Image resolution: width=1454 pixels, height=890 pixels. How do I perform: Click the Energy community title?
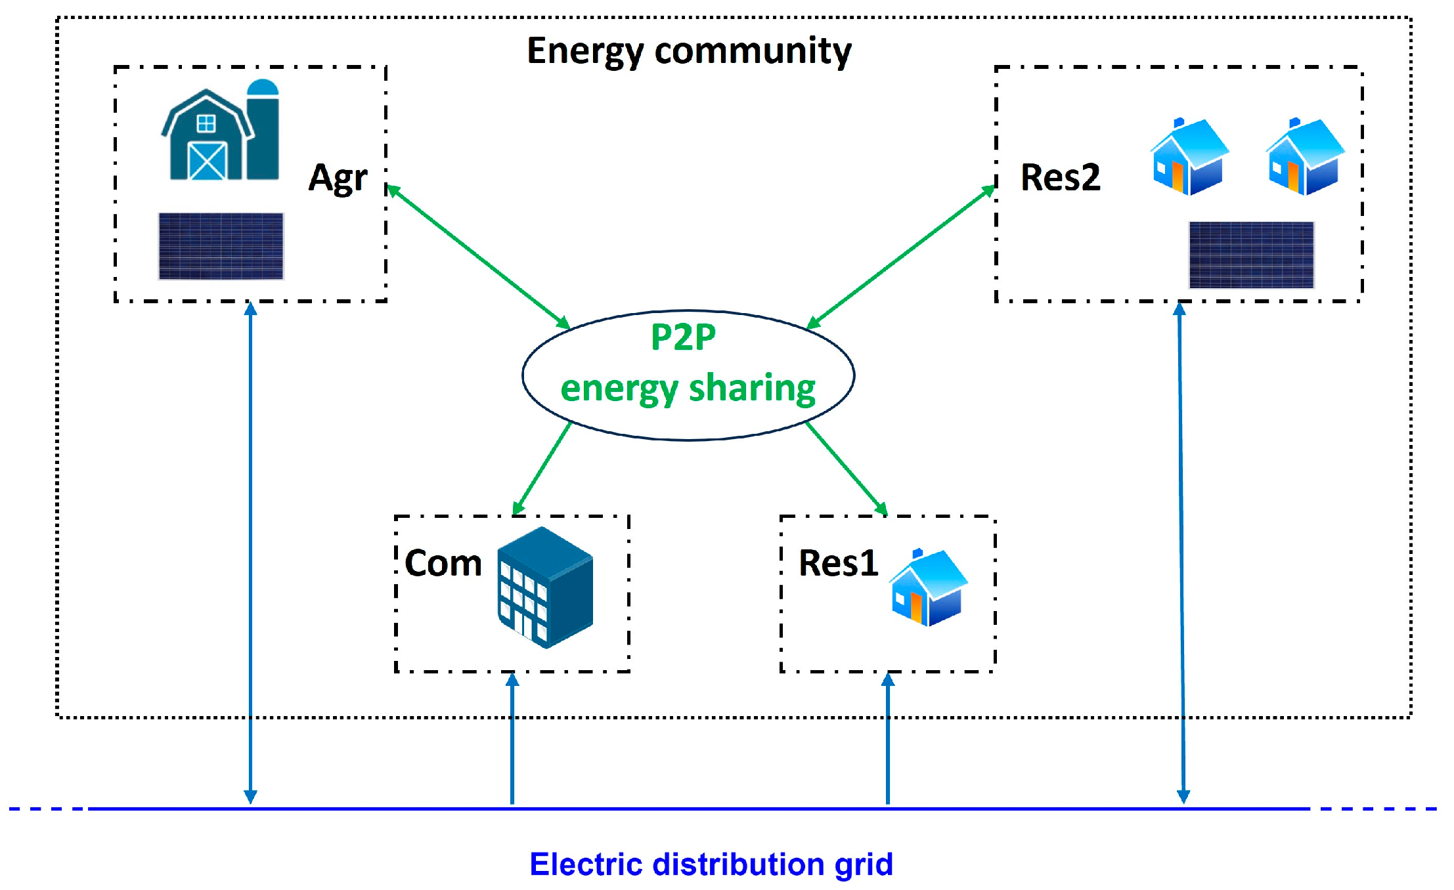(689, 51)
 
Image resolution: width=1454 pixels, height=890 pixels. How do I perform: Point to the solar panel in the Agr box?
(221, 246)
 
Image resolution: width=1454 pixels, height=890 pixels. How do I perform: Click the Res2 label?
(1060, 177)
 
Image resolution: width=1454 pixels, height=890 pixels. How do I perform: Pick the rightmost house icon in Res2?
(1304, 157)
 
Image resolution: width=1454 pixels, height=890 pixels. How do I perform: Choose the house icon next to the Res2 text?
(1189, 157)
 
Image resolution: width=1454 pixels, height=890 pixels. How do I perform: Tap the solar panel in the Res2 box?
(1251, 255)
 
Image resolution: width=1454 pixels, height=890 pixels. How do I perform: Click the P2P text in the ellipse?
(683, 337)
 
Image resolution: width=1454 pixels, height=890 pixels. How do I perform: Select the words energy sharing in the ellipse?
(688, 389)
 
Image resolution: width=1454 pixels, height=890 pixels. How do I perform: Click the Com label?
(443, 563)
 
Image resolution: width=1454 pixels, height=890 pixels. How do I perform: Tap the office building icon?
(545, 587)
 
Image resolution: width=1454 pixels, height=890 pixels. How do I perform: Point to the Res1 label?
(838, 563)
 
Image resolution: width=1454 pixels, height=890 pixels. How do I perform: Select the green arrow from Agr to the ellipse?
(478, 257)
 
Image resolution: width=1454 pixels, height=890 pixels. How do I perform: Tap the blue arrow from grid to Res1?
(887, 738)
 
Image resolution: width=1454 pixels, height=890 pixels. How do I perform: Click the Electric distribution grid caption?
(711, 864)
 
